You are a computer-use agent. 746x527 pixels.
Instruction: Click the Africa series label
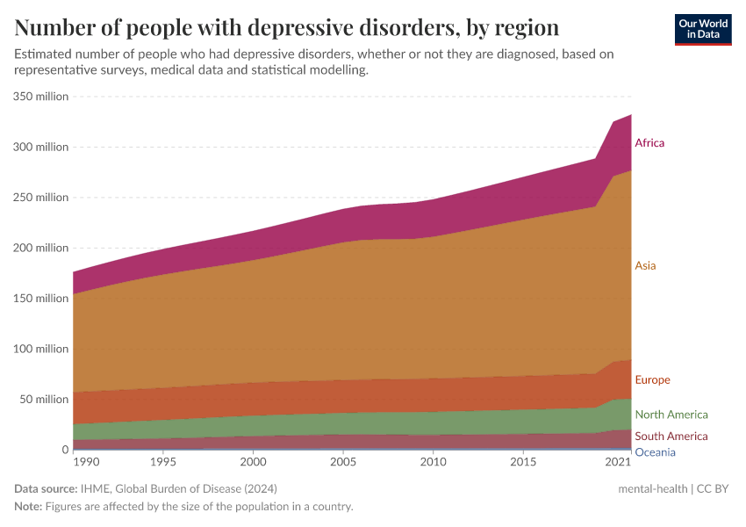pyautogui.click(x=649, y=142)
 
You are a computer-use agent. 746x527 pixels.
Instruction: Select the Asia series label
pyautogui.click(x=645, y=265)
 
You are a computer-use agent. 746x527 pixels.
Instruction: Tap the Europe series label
pyautogui.click(x=652, y=379)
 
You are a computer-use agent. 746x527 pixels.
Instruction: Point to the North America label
pyautogui.click(x=671, y=415)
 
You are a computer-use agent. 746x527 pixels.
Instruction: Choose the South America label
pyautogui.click(x=671, y=437)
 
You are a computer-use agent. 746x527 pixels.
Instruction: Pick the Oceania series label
pyautogui.click(x=655, y=452)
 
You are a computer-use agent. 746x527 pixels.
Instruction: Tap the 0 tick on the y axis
pyautogui.click(x=64, y=450)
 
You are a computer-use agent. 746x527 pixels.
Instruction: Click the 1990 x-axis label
pyautogui.click(x=87, y=462)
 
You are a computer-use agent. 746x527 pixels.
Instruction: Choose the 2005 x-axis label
pyautogui.click(x=343, y=462)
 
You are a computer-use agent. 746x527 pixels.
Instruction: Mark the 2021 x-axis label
pyautogui.click(x=618, y=462)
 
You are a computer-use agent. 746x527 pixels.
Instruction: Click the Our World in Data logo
pyautogui.click(x=703, y=29)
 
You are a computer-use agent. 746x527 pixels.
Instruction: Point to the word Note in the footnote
pyautogui.click(x=28, y=507)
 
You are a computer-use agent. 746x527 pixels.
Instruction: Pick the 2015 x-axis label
pyautogui.click(x=523, y=462)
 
